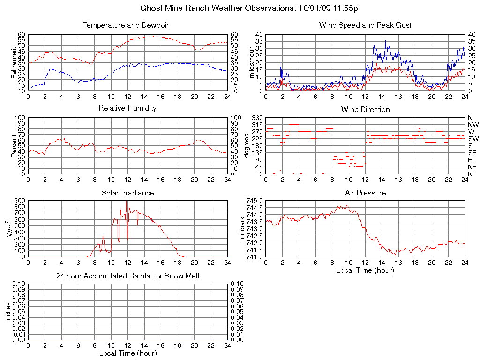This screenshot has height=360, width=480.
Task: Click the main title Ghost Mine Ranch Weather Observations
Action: (250, 8)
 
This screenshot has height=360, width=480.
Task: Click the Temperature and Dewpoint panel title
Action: (127, 25)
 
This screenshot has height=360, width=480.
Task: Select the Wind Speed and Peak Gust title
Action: (365, 25)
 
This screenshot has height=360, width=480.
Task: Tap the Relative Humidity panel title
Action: (127, 108)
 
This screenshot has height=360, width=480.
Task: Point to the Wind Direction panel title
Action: (365, 110)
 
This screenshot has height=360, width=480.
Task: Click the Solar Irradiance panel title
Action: (127, 193)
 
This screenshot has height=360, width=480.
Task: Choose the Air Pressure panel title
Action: (365, 193)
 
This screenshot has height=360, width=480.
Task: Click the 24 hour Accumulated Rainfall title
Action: (127, 276)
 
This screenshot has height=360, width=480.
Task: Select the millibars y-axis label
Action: (242, 228)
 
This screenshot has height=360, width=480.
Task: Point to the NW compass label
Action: (473, 125)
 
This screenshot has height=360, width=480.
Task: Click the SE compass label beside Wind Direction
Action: (473, 153)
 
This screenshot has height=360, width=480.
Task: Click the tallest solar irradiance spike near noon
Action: (127, 202)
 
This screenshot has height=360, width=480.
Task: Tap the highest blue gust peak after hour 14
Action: (385, 41)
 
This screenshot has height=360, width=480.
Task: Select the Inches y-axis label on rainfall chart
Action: (8, 312)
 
